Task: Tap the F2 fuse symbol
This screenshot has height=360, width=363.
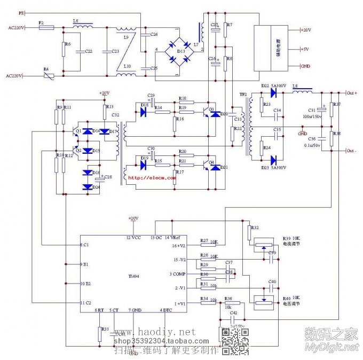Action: point(47,27)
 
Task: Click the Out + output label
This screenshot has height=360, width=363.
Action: point(351,93)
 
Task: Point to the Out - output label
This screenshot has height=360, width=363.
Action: point(351,151)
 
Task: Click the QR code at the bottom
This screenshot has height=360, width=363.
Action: point(235,340)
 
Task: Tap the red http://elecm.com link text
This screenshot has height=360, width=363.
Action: point(152,178)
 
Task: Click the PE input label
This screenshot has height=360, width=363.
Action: point(21,11)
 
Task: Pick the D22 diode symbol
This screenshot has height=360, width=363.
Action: point(273,92)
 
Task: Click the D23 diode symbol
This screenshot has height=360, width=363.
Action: point(273,160)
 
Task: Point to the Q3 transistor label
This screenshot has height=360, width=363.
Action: point(212,109)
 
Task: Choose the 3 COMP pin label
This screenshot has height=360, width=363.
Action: point(178,274)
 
